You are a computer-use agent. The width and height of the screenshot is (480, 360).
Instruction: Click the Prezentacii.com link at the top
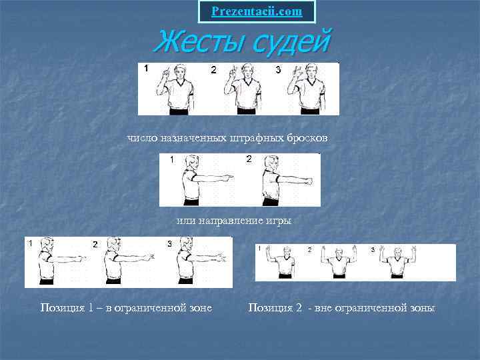tap(257, 11)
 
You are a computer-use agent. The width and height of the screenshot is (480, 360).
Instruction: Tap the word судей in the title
tap(293, 42)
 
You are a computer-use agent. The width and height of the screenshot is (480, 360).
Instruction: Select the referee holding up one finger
tap(175, 89)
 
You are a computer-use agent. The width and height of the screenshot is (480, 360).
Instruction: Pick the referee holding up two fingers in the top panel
tap(243, 89)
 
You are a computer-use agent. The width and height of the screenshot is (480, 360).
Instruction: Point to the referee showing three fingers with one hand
tap(307, 89)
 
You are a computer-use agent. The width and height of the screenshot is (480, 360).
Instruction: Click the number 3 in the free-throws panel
tap(278, 70)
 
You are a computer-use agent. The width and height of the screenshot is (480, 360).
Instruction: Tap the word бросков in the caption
tap(307, 138)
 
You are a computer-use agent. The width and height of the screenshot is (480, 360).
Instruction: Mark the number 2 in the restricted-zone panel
tap(95, 244)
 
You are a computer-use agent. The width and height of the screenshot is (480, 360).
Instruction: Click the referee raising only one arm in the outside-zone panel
tap(281, 261)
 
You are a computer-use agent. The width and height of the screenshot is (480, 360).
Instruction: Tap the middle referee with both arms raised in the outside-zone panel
tap(339, 261)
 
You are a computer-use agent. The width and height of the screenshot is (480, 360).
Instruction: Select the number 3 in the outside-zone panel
tap(373, 250)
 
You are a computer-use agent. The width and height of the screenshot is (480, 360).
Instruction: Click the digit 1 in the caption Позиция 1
tap(91, 307)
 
